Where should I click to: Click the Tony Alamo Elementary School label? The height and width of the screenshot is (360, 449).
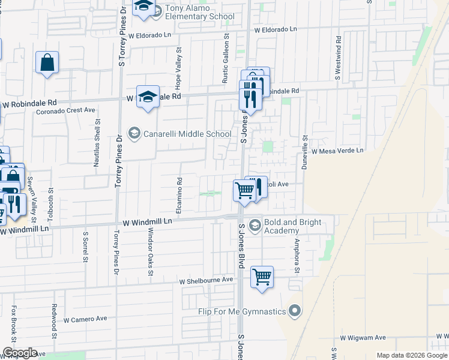(200, 11)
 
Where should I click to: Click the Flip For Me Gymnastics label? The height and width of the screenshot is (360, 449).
(243, 311)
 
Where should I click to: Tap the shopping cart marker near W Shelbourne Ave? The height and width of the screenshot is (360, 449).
(262, 278)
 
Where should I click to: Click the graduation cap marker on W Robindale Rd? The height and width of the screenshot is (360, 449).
(147, 97)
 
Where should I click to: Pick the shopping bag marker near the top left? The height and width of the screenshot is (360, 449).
(47, 63)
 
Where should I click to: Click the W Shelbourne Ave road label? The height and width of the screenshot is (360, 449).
(206, 280)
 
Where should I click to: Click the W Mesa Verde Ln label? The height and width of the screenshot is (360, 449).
(337, 151)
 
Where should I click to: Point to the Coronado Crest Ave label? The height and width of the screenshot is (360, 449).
(66, 110)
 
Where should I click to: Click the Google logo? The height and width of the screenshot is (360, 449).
(20, 353)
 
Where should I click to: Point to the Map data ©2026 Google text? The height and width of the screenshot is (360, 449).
(412, 355)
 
